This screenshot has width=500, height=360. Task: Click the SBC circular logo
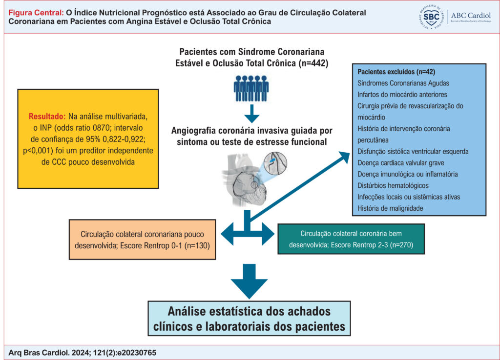[431, 17]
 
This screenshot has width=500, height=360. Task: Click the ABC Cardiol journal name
[471, 15]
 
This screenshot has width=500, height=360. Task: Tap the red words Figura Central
[36, 13]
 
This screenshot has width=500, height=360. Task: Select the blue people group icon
[251, 89]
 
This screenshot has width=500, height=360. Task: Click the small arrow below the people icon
[251, 114]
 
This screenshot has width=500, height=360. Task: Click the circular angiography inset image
[275, 163]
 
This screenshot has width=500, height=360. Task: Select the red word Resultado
[47, 116]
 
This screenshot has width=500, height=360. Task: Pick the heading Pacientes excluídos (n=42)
[396, 72]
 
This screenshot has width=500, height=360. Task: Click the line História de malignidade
[390, 208]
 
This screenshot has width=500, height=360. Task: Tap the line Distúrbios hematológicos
[393, 185]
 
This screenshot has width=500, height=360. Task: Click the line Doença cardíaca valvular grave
[401, 163]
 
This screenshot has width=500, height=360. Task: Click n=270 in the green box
[401, 245]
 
